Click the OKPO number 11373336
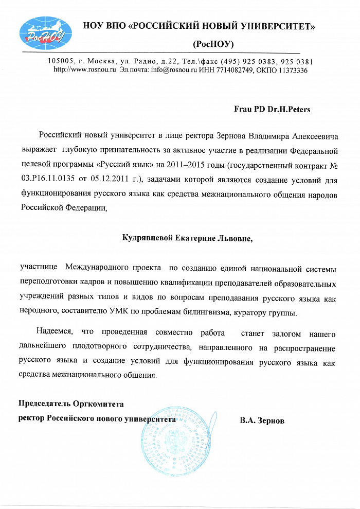coord(291,70)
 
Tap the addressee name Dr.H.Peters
coord(287,109)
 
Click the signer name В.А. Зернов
coord(262,420)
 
